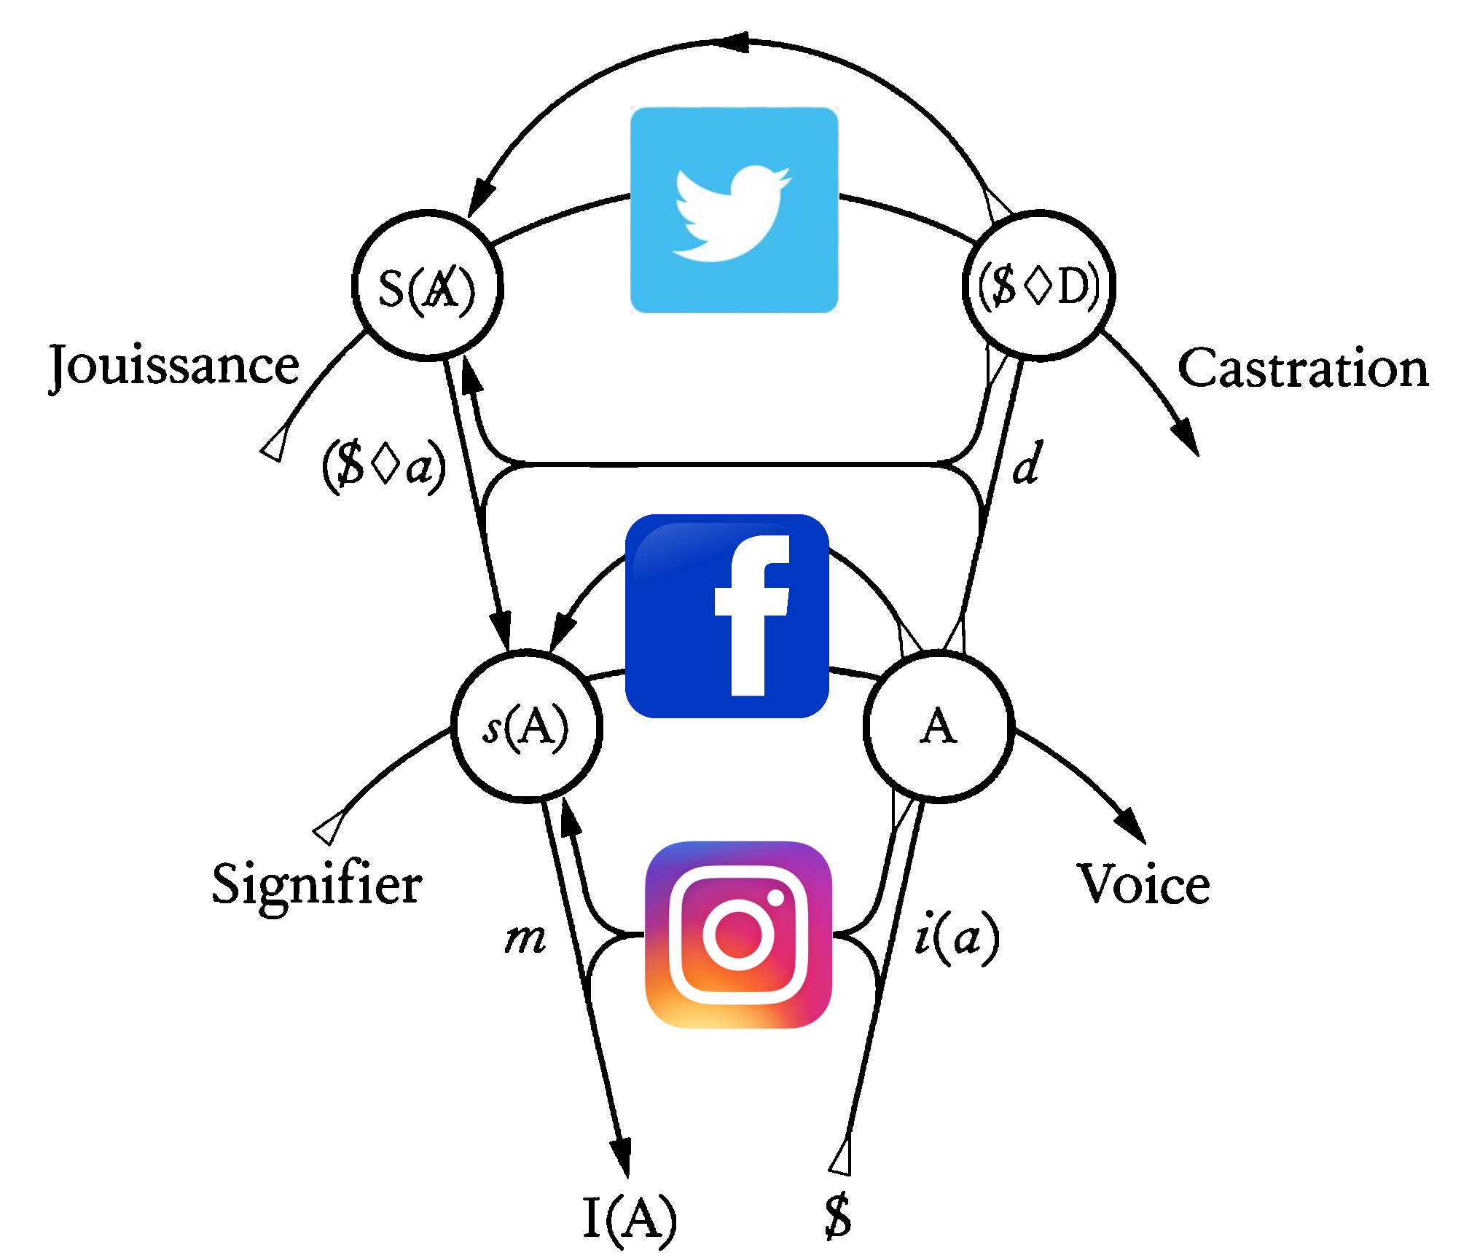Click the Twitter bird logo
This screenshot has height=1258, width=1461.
point(734,211)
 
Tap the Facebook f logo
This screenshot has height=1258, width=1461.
point(727,616)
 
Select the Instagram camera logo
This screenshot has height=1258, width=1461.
point(738,935)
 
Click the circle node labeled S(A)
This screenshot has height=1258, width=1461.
point(427,286)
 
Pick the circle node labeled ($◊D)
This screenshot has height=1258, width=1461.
point(1038,286)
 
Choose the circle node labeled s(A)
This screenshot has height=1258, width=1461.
point(527,726)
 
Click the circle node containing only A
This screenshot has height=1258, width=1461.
point(939,726)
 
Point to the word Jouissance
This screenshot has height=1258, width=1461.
point(174,366)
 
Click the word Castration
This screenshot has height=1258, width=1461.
point(1303,369)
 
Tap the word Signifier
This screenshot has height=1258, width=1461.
point(317,884)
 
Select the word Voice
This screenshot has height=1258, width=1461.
point(1143,884)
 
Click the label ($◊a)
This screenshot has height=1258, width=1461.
point(384,465)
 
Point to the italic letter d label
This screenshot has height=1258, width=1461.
point(1027,463)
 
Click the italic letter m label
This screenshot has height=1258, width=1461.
point(525,940)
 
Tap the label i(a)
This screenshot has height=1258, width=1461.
point(957,937)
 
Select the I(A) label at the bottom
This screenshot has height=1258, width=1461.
point(630,1217)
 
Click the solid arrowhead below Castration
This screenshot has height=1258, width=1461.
point(1186,436)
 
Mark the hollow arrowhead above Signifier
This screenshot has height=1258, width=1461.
point(329,827)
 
